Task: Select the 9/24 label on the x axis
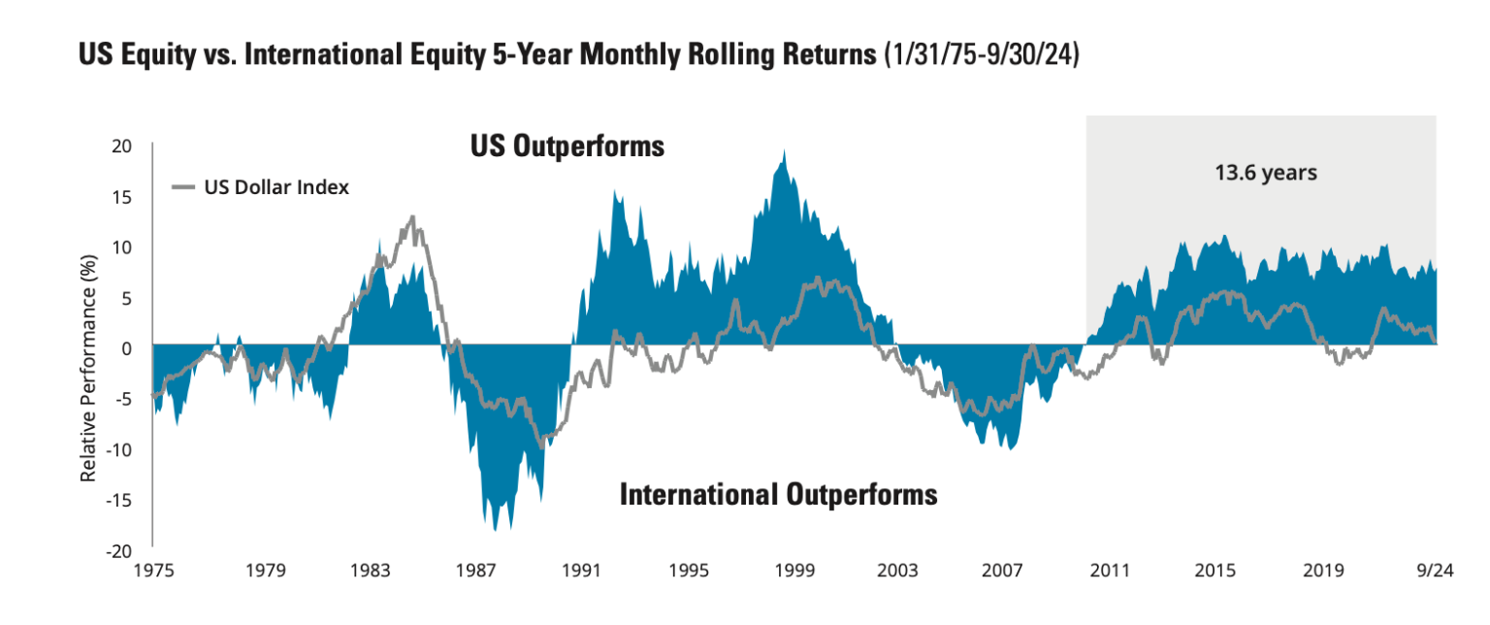tap(1436, 571)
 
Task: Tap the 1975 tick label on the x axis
tap(153, 571)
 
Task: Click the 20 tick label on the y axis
tap(121, 147)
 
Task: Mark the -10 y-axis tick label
tap(118, 449)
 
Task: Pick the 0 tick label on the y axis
tap(126, 347)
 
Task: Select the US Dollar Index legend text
tap(275, 187)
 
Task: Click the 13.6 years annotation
tap(1265, 174)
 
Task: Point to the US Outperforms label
tap(567, 147)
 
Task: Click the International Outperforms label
tap(778, 494)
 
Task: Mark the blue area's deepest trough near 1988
tap(496, 529)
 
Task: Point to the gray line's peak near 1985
tap(412, 217)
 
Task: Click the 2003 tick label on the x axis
tap(898, 571)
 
